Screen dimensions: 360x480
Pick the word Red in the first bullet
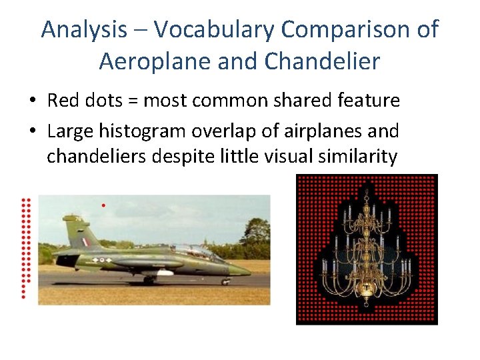pos(63,101)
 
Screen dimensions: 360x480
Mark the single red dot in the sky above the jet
pos(103,205)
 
